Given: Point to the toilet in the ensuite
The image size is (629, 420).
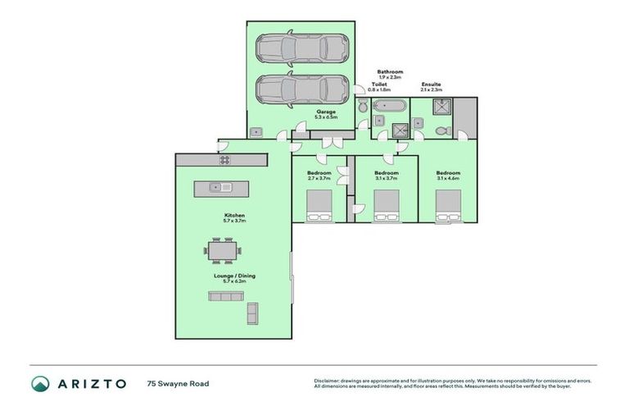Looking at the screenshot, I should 441,130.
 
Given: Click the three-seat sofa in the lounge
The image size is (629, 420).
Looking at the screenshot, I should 222,297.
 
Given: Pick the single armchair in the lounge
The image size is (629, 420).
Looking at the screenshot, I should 252,312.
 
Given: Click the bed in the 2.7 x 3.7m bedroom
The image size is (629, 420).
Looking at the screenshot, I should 319,205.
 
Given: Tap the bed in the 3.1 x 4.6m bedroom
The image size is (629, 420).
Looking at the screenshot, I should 447,205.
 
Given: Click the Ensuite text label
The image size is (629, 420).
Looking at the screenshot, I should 432,83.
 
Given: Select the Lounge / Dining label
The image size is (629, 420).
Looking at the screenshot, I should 235,276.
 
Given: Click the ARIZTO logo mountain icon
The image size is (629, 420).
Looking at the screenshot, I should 40,383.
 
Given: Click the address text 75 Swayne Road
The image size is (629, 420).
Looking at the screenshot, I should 174,383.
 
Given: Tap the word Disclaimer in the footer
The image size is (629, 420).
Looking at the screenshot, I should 327,381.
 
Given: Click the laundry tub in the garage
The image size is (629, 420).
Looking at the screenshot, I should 256,132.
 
